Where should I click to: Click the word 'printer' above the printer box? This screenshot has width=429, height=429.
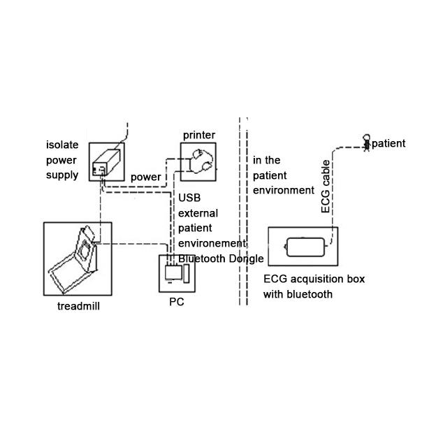coord(198,135)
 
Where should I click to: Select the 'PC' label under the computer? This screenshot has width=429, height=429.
coord(177,303)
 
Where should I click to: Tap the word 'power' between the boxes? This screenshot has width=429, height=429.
coord(146,177)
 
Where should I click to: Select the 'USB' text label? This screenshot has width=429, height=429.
coord(190,198)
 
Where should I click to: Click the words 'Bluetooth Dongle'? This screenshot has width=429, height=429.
coord(221,259)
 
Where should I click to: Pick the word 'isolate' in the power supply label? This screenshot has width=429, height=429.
coord(62,145)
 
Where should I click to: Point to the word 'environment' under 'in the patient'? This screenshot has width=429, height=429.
coord(284,190)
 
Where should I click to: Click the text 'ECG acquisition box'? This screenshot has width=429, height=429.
coord(314,279)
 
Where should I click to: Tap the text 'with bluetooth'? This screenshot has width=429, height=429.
coord(298,294)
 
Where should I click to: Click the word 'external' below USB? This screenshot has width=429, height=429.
coord(198,213)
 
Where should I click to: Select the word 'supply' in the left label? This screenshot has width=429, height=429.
coord(62,175)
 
